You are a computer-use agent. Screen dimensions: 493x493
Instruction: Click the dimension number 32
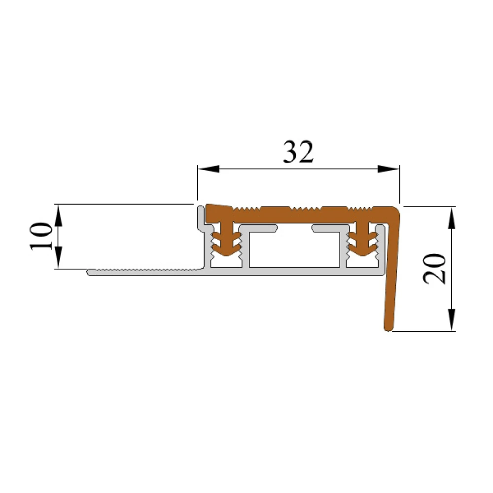(298, 152)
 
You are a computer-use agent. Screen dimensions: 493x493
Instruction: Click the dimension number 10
(41, 237)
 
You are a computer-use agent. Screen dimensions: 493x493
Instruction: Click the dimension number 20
(434, 269)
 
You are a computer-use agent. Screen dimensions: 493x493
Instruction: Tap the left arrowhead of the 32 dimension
(208, 169)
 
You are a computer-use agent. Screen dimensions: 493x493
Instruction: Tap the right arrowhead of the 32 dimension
(388, 169)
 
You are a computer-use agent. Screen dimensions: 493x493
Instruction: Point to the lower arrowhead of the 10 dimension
(59, 258)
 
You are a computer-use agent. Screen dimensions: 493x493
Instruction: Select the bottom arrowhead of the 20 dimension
(452, 320)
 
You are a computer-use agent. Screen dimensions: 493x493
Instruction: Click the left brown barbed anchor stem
(226, 240)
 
